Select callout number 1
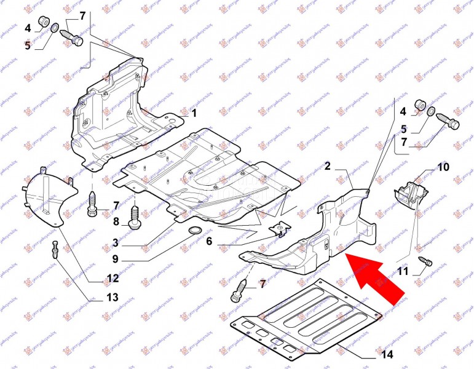coord(193,114)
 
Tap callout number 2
coord(328,166)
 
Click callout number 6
coord(209,242)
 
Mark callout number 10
coord(443,167)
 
